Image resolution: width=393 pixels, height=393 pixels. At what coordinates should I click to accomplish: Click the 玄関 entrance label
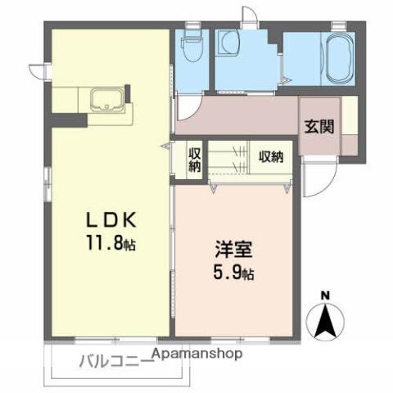(318, 127)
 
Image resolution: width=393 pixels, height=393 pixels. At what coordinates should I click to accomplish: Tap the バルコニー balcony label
(115, 360)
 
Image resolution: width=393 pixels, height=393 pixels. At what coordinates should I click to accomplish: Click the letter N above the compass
(325, 296)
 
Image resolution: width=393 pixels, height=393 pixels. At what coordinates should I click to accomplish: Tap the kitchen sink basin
(107, 102)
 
